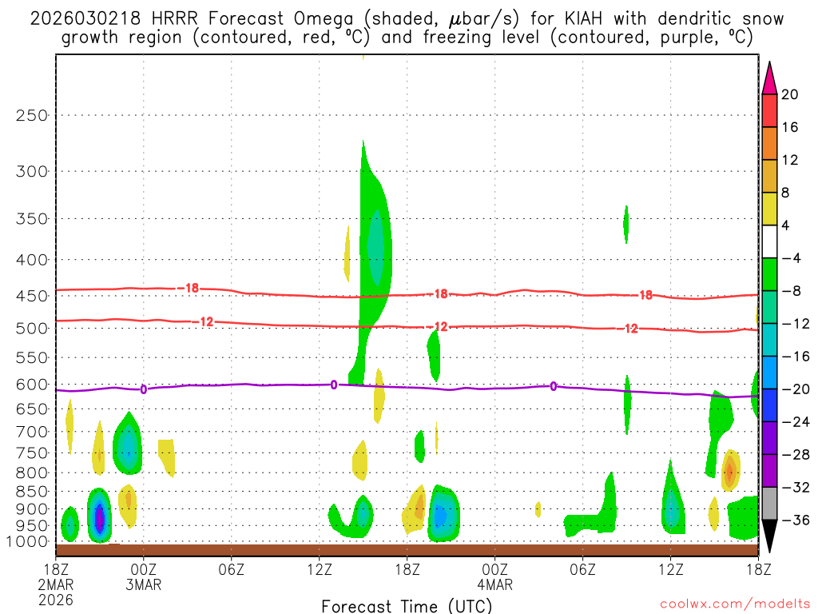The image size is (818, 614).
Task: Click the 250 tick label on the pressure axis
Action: (32, 115)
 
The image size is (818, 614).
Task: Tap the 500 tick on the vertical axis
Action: (32, 328)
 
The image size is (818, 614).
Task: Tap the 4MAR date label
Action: (494, 584)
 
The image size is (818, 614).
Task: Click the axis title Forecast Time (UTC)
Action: (407, 605)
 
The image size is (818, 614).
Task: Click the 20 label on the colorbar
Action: (790, 94)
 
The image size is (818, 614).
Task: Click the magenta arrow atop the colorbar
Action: (769, 77)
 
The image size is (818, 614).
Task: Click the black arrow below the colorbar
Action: (769, 536)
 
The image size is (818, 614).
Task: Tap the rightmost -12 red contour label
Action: (630, 329)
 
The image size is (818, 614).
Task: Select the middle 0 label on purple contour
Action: (334, 385)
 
